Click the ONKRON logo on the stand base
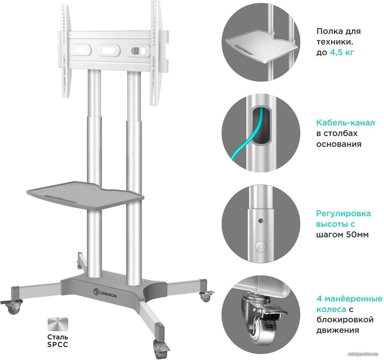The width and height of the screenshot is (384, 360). coord(105,293)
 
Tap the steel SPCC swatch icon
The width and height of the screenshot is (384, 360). coord(58,324)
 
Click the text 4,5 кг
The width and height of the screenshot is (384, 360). coord(342,52)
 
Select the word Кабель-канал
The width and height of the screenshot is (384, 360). coord(345,122)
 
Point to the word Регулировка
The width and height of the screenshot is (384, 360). coord(343,213)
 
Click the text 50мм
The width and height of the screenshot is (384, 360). coord(357,235)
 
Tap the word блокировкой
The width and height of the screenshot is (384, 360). coord(345,320)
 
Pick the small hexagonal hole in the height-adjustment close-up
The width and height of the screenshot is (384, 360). coord(261,221)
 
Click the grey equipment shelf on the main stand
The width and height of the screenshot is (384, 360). coord(85,195)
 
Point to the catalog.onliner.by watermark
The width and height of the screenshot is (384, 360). coord(363,354)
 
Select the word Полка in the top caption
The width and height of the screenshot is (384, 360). coord(328,31)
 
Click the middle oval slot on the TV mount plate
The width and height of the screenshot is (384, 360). coord(109,51)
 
